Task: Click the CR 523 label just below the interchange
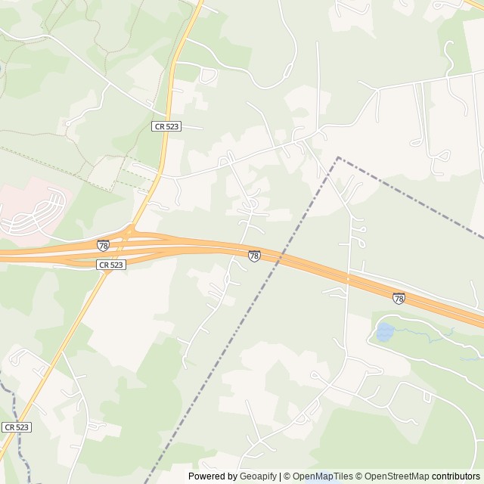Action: (110, 265)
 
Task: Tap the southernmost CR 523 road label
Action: (16, 427)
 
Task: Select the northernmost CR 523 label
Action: (166, 126)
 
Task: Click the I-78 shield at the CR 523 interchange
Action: (103, 246)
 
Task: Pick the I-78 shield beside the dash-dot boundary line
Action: (254, 256)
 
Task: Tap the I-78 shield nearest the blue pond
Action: (399, 298)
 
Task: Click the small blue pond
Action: (384, 330)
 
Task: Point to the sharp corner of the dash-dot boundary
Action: (338, 158)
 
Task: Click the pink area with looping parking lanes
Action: (34, 208)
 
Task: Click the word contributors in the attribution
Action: (456, 476)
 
